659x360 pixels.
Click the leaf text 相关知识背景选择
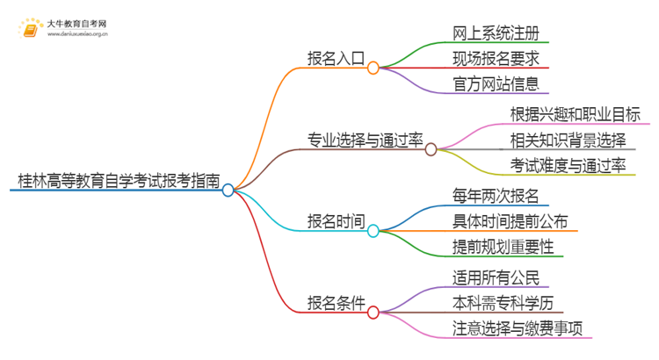[x=568, y=140]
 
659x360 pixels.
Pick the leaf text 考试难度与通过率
[x=568, y=166]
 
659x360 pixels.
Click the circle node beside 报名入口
[x=373, y=68]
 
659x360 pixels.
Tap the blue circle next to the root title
[x=228, y=190]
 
